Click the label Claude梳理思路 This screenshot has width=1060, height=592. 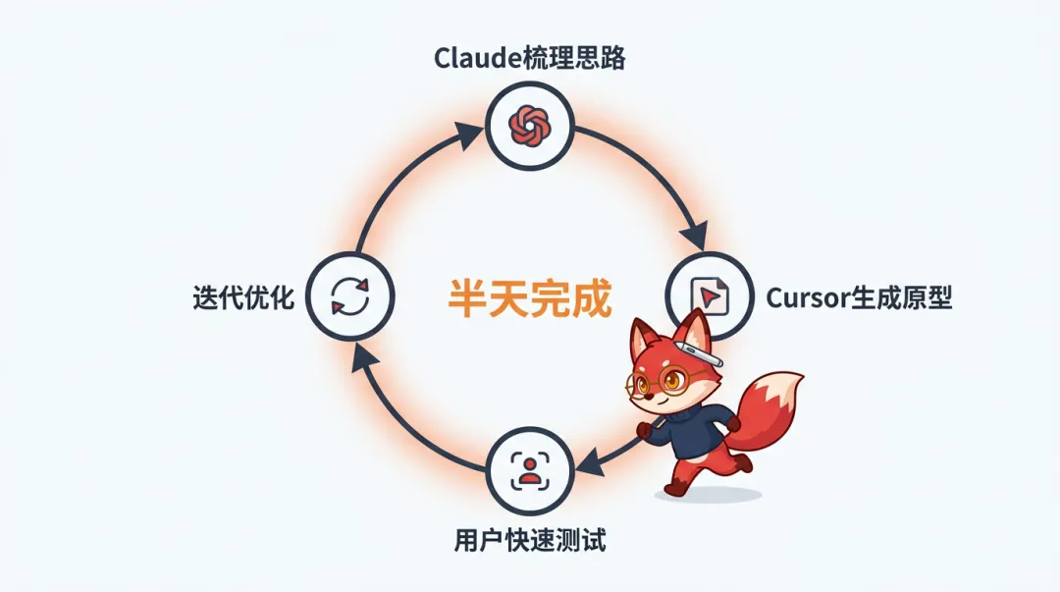(530, 58)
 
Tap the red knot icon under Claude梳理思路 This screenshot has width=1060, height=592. (530, 125)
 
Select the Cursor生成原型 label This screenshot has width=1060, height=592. (859, 296)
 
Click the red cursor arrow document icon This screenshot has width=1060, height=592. (709, 296)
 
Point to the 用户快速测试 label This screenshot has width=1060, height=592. (530, 539)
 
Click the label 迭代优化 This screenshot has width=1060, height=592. (244, 297)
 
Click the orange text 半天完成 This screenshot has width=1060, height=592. (530, 297)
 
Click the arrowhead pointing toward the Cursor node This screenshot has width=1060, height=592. (695, 236)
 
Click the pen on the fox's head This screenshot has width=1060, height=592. (698, 353)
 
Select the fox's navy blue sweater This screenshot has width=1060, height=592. (693, 432)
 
